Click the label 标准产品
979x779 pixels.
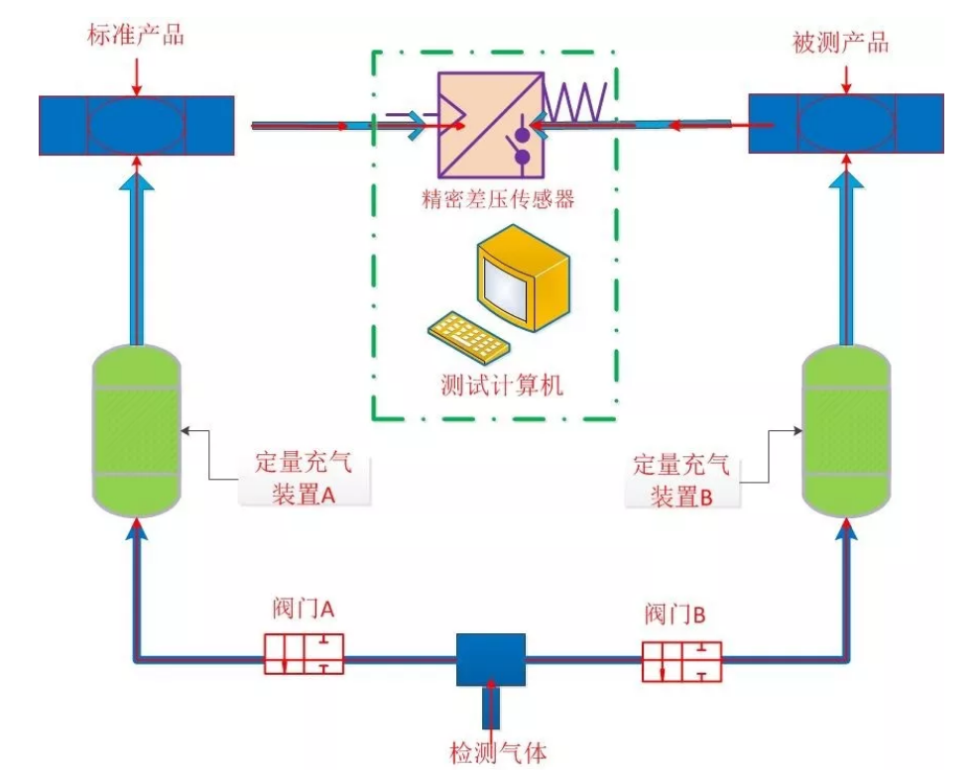pos(136,36)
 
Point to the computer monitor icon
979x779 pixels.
pos(522,277)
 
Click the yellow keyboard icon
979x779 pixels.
pos(468,336)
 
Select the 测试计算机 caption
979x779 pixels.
pos(501,386)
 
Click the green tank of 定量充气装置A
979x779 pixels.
pos(136,430)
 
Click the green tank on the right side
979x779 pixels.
pos(844,430)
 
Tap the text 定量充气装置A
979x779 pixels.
pos(304,478)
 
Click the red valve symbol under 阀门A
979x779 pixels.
pos(304,654)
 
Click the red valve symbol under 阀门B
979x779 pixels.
pos(681,661)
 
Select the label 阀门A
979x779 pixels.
pos(303,608)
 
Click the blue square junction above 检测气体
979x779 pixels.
pos(490,659)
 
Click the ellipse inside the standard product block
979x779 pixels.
pos(136,125)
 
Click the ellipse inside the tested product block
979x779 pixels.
pos(844,124)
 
